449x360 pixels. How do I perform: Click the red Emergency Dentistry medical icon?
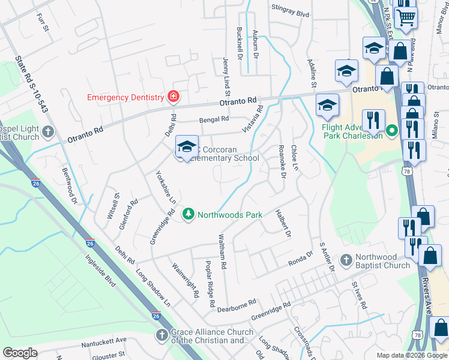tap(173, 97)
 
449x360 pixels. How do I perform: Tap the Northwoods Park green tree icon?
tap(188, 214)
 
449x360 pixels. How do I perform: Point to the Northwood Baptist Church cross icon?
tap(345, 260)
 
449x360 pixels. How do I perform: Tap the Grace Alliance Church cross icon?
tap(160, 336)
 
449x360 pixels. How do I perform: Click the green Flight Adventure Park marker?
tap(393, 130)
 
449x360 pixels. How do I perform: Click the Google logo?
tap(20, 353)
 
